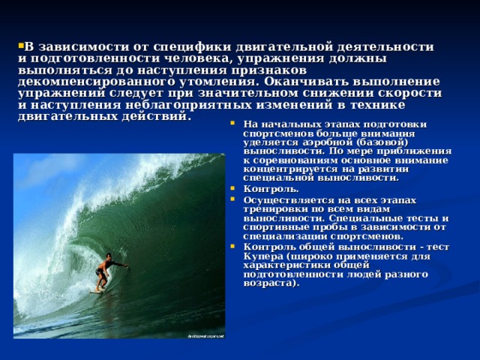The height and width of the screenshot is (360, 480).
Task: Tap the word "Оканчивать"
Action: click(306, 82)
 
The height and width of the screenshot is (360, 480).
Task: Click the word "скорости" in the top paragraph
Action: click(409, 93)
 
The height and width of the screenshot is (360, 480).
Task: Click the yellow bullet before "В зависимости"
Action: click(21, 46)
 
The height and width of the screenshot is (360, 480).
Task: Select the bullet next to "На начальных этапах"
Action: click(232, 123)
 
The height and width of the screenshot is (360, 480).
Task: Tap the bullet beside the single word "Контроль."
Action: click(232, 188)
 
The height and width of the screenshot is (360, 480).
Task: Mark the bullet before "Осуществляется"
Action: click(232, 199)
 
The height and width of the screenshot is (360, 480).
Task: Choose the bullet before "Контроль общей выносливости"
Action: click(232, 246)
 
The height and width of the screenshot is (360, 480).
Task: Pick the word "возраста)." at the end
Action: click(271, 283)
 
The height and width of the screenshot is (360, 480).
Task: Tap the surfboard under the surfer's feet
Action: click(97, 292)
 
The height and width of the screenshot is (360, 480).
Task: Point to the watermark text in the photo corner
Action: click(206, 336)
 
